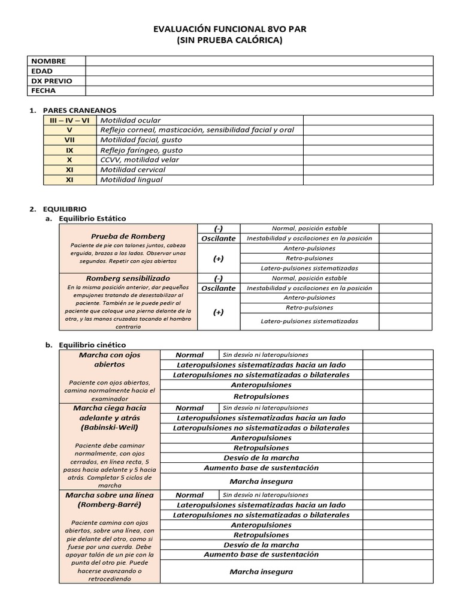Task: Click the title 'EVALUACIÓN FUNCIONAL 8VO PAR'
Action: tap(230, 29)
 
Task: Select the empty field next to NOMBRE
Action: tap(259, 61)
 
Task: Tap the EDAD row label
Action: tap(42, 71)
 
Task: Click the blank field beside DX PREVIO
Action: tap(259, 81)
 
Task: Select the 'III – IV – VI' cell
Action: tap(69, 121)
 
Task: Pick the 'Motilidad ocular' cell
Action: tap(130, 121)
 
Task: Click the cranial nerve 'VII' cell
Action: tap(69, 140)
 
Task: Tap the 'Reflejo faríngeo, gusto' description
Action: tap(141, 150)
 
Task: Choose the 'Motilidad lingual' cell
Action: tap(131, 179)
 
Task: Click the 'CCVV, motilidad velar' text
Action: tap(139, 159)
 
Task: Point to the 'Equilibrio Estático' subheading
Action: tap(92, 218)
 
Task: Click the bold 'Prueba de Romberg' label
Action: tap(128, 236)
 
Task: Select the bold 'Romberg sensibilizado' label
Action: tap(128, 278)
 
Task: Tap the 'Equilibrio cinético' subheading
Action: tap(92, 345)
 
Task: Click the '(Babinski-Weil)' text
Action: tap(109, 428)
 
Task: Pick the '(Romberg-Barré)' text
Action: tap(109, 505)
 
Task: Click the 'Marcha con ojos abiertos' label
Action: tap(109, 359)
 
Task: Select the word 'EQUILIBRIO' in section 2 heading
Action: tap(65, 208)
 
